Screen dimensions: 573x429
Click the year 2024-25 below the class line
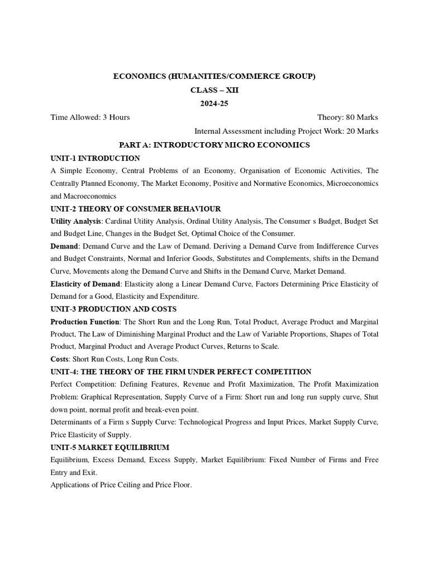pos(214,104)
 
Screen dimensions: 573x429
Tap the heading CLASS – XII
pos(214,90)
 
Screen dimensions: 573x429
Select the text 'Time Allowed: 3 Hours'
pos(90,118)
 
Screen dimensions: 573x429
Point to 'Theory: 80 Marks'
pos(347,118)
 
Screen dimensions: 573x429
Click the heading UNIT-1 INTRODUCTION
pos(95,158)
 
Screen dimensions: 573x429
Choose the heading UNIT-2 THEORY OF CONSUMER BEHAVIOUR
pos(135,208)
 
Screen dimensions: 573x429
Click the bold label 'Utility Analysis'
pos(76,221)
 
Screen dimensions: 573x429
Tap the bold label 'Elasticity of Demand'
pos(85,284)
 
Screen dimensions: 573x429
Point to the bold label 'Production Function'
pos(85,322)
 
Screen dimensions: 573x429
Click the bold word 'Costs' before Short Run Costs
pos(61,359)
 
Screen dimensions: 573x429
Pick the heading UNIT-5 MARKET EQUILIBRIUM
pos(109,447)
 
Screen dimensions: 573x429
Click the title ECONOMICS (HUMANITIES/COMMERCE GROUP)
pos(214,76)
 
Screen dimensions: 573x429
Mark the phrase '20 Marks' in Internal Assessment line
pos(361,131)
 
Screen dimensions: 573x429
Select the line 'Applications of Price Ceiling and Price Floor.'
pos(121,485)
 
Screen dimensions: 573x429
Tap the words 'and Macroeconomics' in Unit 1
pos(83,196)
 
